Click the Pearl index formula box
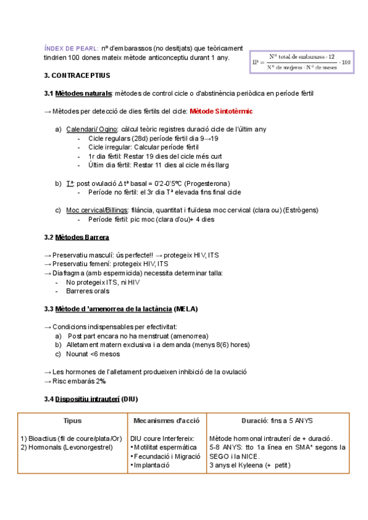[x=302, y=61]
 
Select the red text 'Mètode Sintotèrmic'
[x=221, y=111]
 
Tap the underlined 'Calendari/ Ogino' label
[x=91, y=129]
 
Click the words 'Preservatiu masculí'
[x=80, y=255]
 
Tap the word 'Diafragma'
[x=69, y=273]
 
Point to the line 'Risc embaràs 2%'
[x=79, y=381]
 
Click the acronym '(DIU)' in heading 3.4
[x=129, y=399]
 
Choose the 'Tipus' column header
[x=72, y=421]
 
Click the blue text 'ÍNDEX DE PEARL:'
[x=71, y=48]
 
